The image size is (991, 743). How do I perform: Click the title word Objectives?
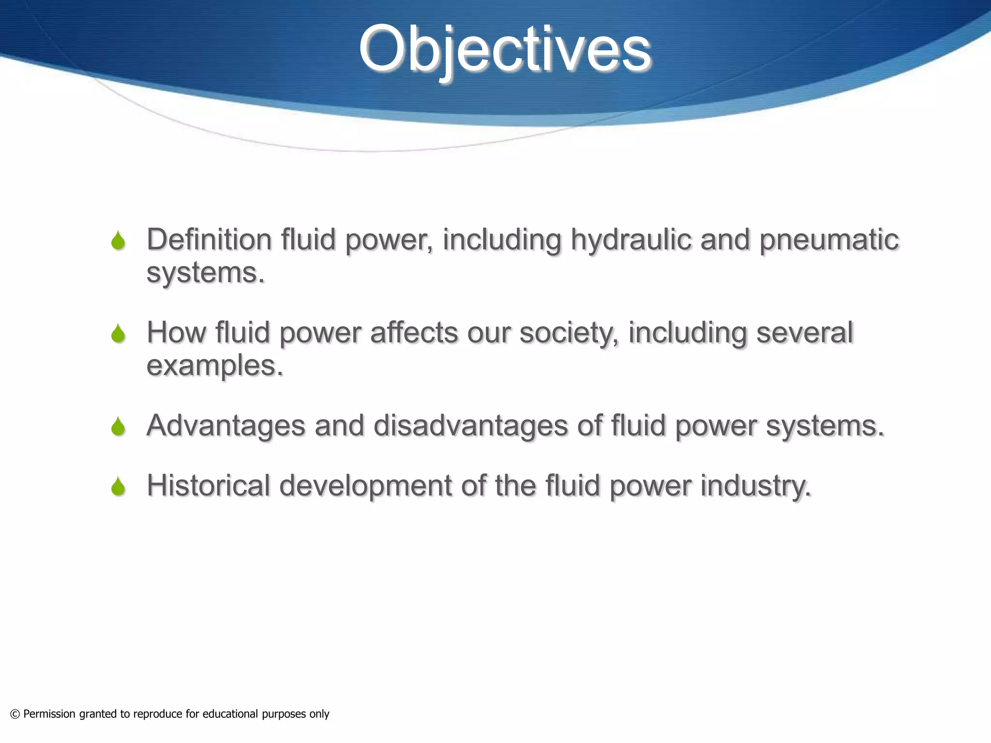click(x=505, y=50)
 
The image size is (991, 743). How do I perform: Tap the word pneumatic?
click(x=828, y=240)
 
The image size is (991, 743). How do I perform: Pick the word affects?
click(x=414, y=333)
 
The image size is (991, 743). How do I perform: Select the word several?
click(x=804, y=333)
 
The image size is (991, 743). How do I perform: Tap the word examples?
click(x=214, y=366)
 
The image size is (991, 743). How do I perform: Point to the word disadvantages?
click(x=470, y=426)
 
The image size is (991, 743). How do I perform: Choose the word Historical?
click(x=208, y=486)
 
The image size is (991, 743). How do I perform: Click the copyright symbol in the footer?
click(x=15, y=714)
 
